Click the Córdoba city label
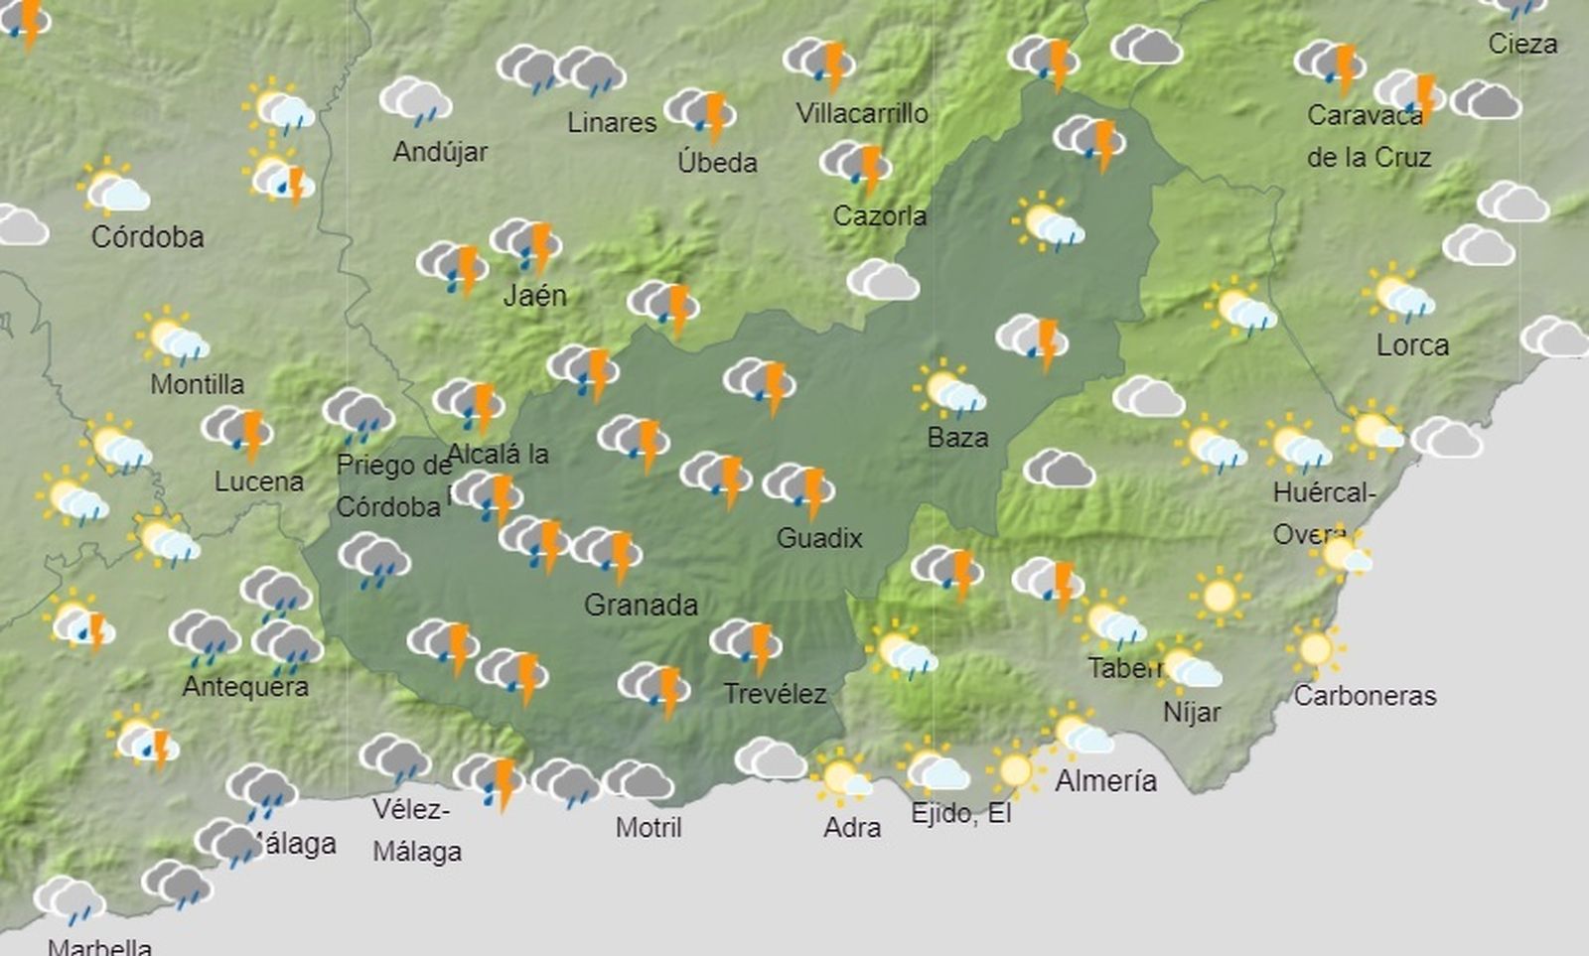pos(147,237)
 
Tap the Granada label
pos(641,605)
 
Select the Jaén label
pos(534,295)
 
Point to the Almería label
pos(1105,781)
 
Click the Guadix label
pos(819,538)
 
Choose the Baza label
pos(957,438)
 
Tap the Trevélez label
pos(775,693)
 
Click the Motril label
pos(649,827)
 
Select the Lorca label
pos(1412,345)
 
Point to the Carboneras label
pos(1365,696)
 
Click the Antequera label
pos(245,686)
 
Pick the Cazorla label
pos(879,215)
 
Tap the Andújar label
pos(440,152)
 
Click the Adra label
pos(852,827)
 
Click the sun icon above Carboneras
pos(1316,650)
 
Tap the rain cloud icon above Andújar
pos(415,101)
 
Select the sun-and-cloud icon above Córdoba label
pos(113,188)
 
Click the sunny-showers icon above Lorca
pos(1398,294)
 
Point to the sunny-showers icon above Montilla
pos(174,338)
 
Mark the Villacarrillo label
pos(862,114)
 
